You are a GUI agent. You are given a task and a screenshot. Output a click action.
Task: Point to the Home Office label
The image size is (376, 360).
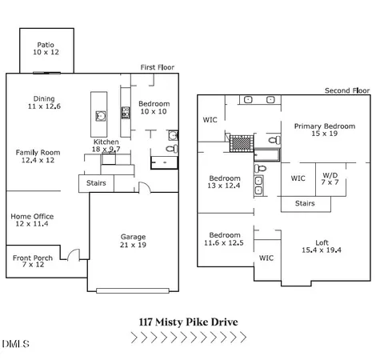(32, 220)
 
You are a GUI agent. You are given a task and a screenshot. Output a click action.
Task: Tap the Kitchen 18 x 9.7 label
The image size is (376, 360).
(106, 145)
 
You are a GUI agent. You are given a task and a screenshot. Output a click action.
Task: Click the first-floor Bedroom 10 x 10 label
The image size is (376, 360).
(154, 108)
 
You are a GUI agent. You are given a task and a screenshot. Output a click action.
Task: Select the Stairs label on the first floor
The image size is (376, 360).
(97, 183)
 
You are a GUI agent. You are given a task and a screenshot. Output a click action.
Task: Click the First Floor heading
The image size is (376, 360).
(157, 68)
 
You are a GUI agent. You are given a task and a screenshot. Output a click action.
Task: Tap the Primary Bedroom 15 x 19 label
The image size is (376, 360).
(323, 130)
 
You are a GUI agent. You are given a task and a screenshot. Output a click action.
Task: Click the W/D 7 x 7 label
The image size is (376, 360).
(330, 178)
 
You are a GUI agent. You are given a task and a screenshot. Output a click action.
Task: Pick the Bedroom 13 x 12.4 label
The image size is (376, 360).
(225, 182)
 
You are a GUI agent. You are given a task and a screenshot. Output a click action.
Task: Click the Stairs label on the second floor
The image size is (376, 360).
(305, 203)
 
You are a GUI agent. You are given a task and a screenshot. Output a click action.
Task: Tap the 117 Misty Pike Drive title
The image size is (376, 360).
(187, 323)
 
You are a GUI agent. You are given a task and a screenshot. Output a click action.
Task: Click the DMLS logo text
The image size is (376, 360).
(15, 345)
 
